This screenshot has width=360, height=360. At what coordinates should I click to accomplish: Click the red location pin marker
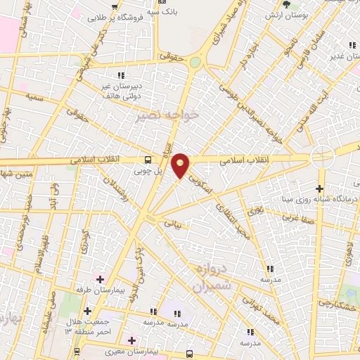(181, 165)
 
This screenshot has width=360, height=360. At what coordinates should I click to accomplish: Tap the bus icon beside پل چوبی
(148, 160)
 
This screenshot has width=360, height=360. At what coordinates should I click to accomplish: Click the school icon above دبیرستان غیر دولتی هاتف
(121, 75)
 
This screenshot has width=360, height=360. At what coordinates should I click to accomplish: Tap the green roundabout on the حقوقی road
(195, 62)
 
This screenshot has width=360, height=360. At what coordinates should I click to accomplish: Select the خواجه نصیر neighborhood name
(169, 115)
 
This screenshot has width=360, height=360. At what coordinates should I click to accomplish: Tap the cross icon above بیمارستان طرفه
(101, 279)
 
